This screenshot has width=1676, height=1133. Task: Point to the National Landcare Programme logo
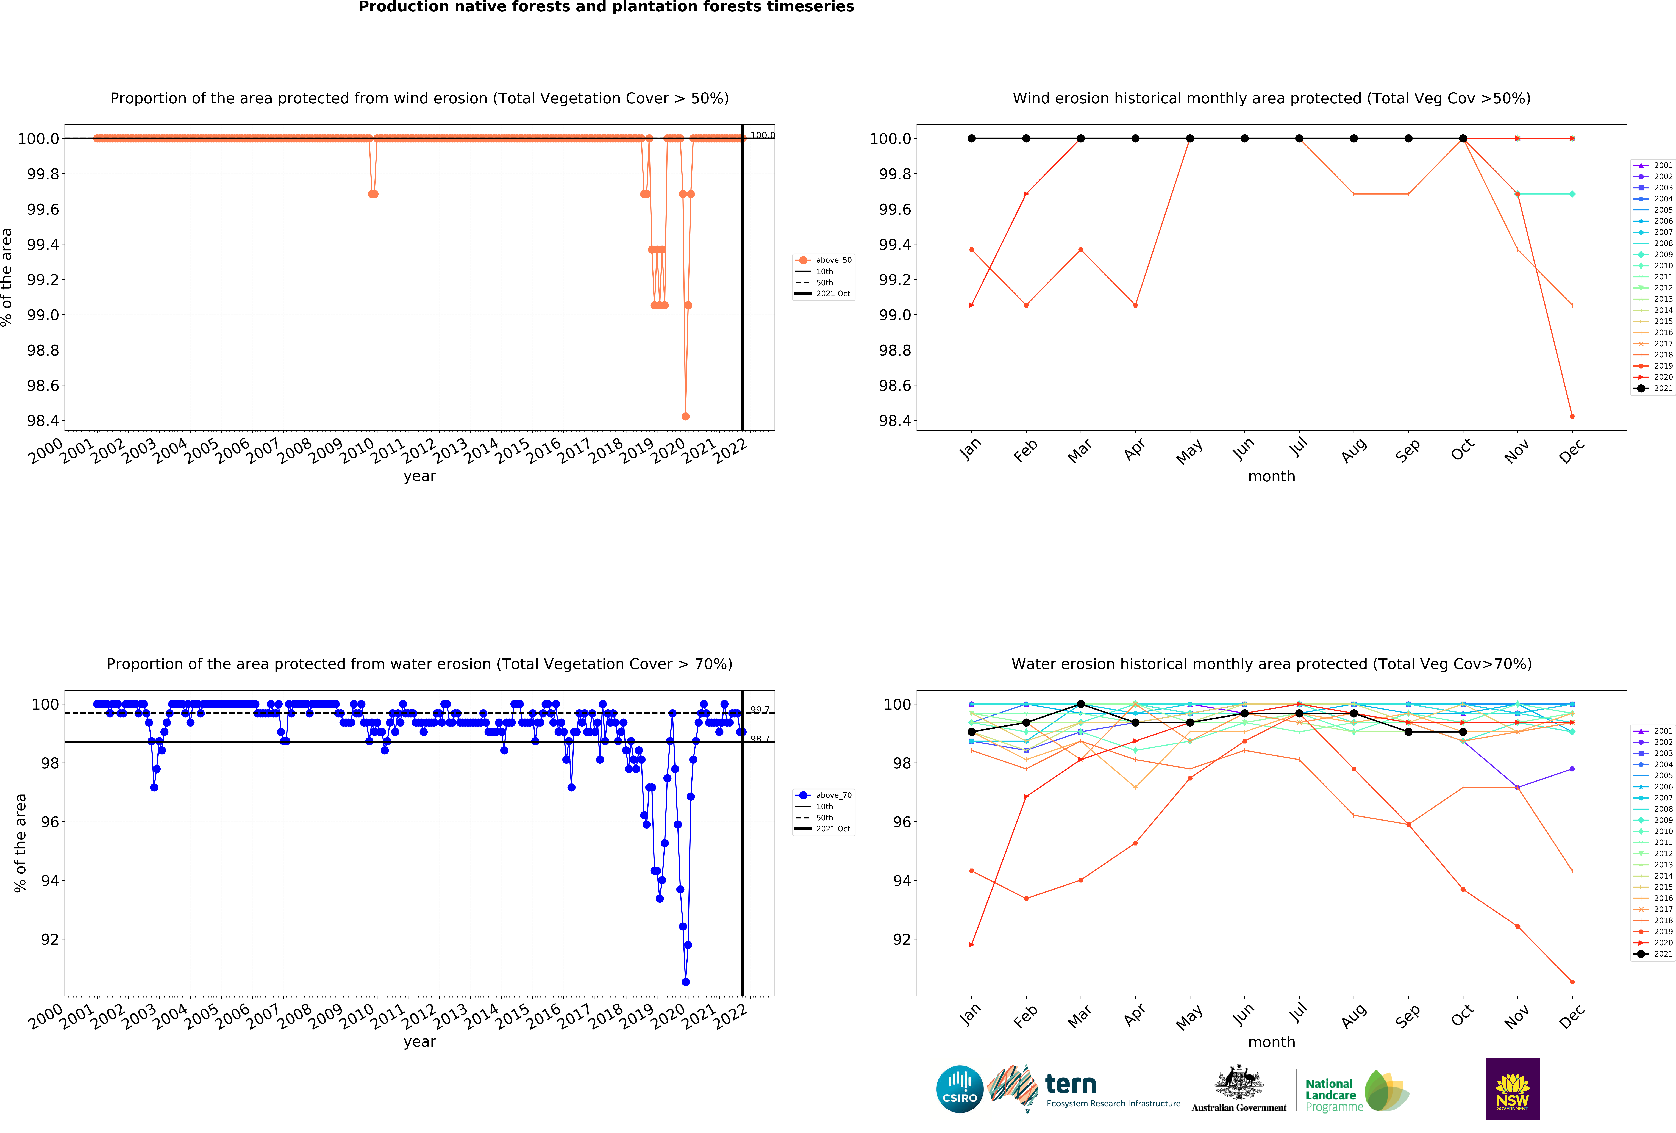coord(1356,1090)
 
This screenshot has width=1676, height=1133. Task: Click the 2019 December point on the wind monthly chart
coord(1572,416)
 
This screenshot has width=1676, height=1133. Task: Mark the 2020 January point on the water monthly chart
coord(971,945)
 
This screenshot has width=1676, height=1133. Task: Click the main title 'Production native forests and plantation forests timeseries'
coord(606,7)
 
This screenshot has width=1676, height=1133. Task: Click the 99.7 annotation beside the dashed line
coord(759,710)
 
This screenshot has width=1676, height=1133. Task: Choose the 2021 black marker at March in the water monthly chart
coord(1080,704)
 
